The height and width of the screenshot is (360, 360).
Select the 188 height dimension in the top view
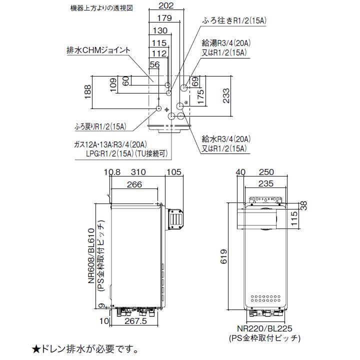(x=88, y=92)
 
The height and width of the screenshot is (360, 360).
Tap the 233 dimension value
(x=226, y=94)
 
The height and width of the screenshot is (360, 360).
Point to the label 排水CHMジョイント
(x=98, y=50)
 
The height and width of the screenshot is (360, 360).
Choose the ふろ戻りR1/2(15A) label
(x=98, y=126)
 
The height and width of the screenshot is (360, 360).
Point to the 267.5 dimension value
(x=135, y=321)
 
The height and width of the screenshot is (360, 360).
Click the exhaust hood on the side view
(x=175, y=218)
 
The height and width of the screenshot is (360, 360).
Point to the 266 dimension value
(x=134, y=184)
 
